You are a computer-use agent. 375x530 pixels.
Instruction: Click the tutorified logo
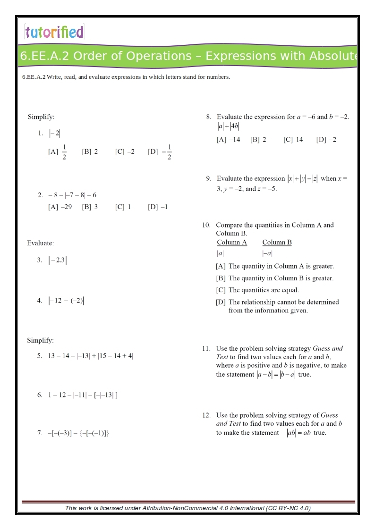54,32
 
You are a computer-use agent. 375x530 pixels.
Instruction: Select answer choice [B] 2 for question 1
90,152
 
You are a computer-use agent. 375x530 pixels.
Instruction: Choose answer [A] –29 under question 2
60,207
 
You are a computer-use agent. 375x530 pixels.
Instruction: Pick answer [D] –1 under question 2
158,207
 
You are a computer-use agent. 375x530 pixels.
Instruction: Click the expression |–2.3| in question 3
58,260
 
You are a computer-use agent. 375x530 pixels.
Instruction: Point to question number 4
40,301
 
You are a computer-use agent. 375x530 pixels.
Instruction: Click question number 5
40,356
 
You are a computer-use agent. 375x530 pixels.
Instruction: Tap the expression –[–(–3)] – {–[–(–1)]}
78,433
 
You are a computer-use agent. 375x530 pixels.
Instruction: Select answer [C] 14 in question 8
293,140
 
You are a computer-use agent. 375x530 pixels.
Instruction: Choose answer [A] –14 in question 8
228,140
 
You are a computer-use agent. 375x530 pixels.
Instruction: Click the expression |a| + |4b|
228,126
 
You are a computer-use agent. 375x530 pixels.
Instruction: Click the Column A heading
232,243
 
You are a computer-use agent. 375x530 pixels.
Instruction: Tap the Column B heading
277,243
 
